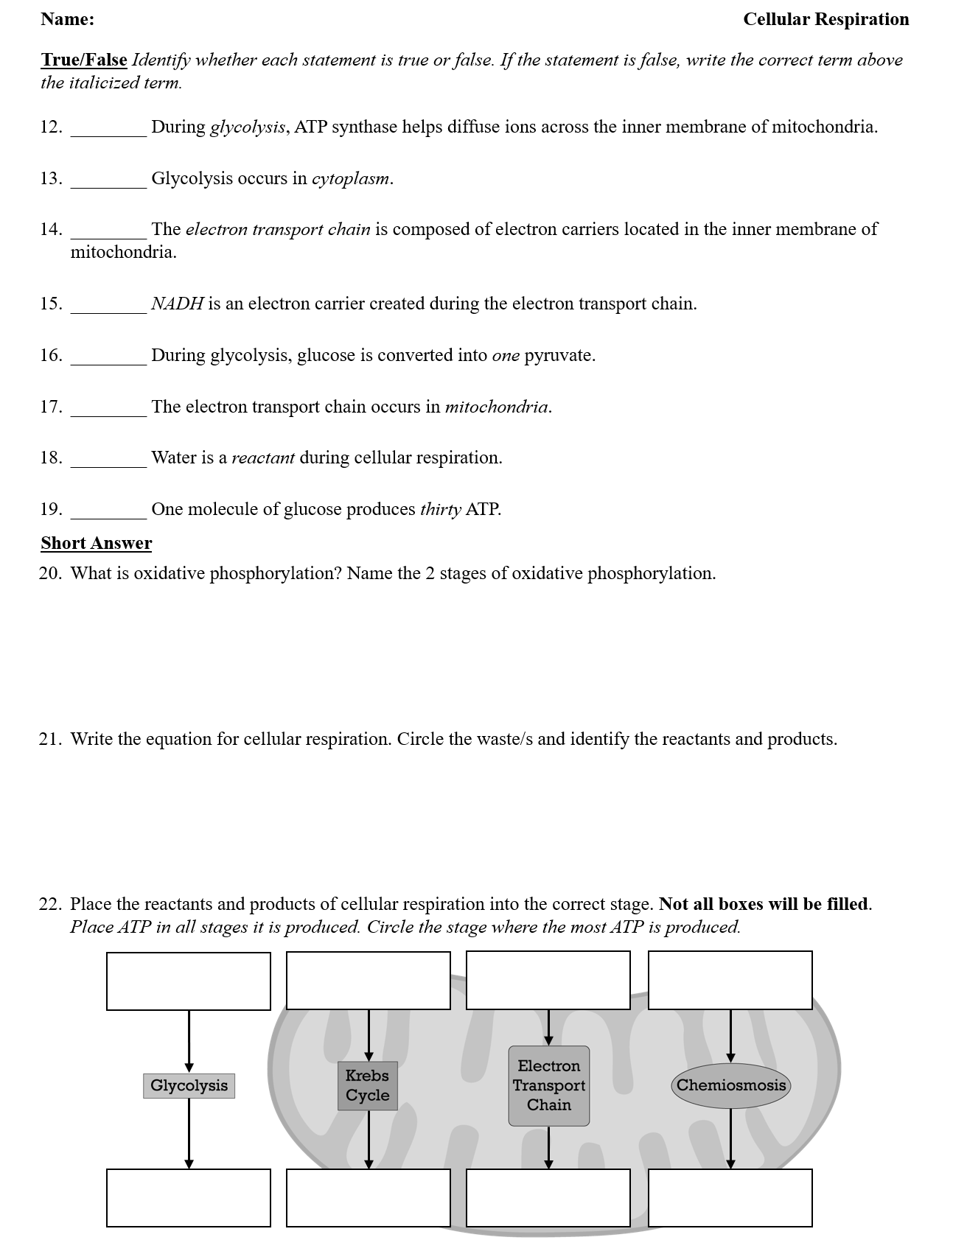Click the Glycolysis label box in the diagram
tap(189, 1085)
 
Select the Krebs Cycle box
tap(367, 1085)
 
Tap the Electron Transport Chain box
tap(548, 1085)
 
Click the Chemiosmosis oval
tap(730, 1085)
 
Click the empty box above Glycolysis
tap(189, 981)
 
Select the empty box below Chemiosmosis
tap(730, 1197)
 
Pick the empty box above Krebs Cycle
tap(368, 980)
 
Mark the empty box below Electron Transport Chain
tap(548, 1197)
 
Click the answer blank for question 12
tap(108, 129)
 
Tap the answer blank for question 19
tap(108, 511)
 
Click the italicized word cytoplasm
tap(351, 179)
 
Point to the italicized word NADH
tap(177, 304)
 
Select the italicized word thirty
tap(441, 510)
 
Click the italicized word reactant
tap(263, 458)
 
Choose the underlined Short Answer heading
tap(97, 544)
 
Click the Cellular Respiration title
tap(825, 20)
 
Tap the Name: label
tap(68, 20)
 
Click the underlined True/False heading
tap(84, 60)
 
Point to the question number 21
tap(50, 740)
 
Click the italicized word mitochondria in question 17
tap(497, 407)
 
